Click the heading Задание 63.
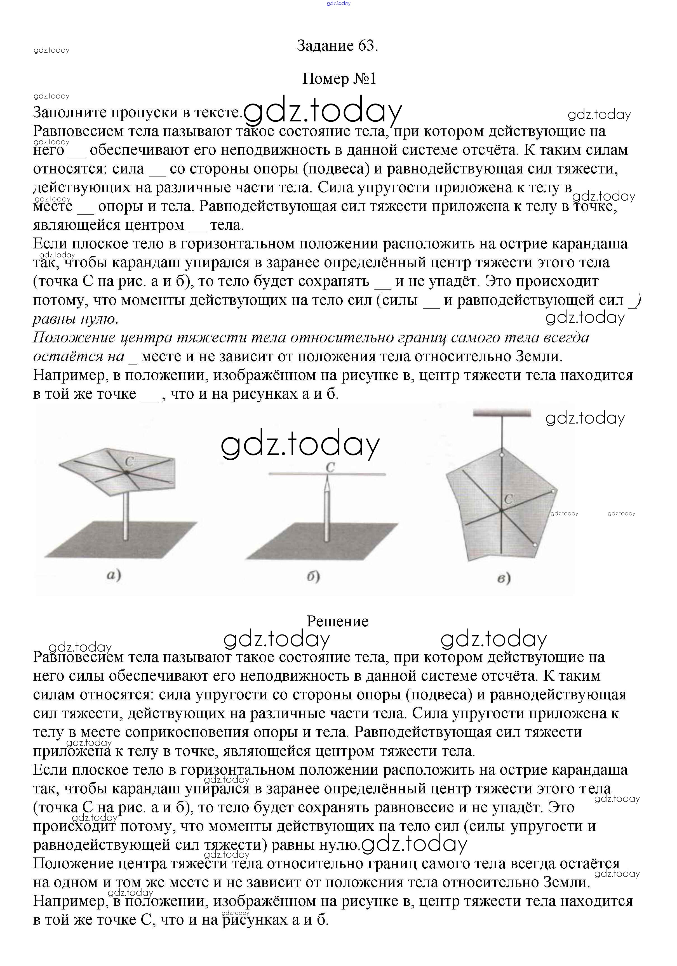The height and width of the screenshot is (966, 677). (x=337, y=45)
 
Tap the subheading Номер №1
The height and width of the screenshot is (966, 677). (x=339, y=79)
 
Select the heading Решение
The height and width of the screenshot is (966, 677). (x=337, y=621)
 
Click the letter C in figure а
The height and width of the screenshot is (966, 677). (x=129, y=462)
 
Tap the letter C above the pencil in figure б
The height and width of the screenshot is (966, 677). (x=330, y=467)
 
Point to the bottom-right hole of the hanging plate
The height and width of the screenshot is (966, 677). (x=534, y=545)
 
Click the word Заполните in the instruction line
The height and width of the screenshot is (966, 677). (x=69, y=112)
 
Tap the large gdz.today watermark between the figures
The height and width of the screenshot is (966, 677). (x=300, y=445)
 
